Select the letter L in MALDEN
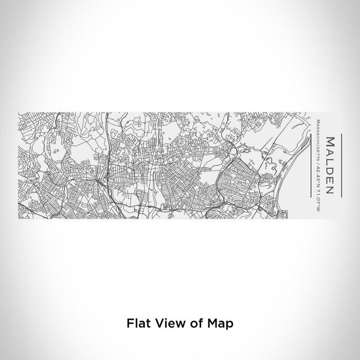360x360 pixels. coord(330,162)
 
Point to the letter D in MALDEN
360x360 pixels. coord(330,171)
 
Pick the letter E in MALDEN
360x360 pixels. coord(330,181)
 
